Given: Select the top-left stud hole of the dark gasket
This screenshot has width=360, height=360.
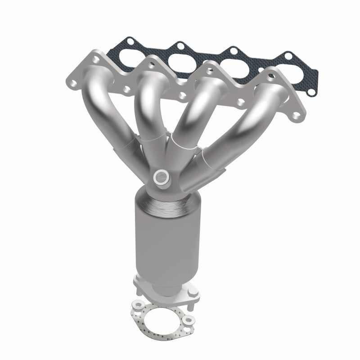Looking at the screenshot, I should click(131, 44).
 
